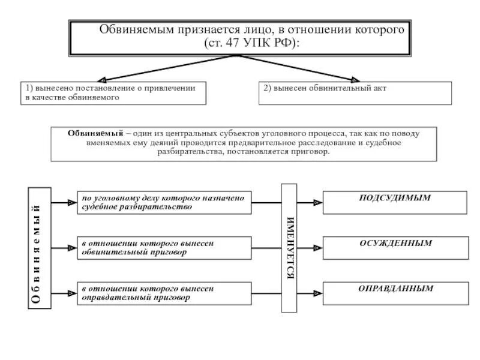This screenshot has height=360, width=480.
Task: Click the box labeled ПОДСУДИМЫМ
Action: coord(395,202)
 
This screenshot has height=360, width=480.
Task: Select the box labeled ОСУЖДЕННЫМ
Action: coord(395,248)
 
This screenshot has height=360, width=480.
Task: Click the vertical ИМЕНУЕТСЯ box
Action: coord(290,248)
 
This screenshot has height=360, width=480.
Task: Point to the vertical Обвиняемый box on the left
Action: coord(40,248)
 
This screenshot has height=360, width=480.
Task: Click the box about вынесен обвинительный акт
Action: coord(355,93)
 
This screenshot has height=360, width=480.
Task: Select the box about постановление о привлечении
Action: coord(113,93)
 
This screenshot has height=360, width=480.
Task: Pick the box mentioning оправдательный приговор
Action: coord(164,293)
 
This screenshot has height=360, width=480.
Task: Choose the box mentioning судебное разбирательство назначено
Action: coord(164,202)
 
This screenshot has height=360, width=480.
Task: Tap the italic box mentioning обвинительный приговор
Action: coord(164,248)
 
